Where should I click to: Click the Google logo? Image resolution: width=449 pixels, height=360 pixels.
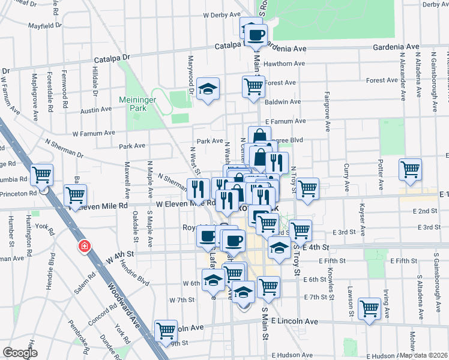[20, 353]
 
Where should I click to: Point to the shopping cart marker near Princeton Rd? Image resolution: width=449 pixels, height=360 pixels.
[42, 175]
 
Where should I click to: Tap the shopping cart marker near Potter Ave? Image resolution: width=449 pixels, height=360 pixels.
[410, 169]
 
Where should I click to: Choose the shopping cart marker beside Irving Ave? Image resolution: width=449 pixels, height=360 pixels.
[369, 308]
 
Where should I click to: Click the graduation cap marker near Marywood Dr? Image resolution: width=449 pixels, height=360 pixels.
[208, 89]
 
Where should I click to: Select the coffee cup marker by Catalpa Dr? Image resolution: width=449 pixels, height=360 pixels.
[256, 34]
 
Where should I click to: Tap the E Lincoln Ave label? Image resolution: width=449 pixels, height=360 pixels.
[294, 322]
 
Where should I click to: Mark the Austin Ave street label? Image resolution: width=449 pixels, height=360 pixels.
[96, 110]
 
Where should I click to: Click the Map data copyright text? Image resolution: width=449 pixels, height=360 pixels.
[424, 355]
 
